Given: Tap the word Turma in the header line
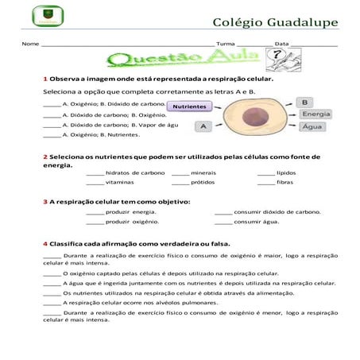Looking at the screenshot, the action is pyautogui.click(x=225, y=44).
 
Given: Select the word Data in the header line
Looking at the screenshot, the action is pyautogui.click(x=281, y=44).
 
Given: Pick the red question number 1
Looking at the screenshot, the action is pyautogui.click(x=45, y=79).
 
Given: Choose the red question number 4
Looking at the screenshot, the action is pyautogui.click(x=45, y=243).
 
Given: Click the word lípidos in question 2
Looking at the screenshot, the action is pyautogui.click(x=286, y=172).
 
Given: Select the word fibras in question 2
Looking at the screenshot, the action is pyautogui.click(x=285, y=182).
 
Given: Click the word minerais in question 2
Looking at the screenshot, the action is pyautogui.click(x=203, y=172).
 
